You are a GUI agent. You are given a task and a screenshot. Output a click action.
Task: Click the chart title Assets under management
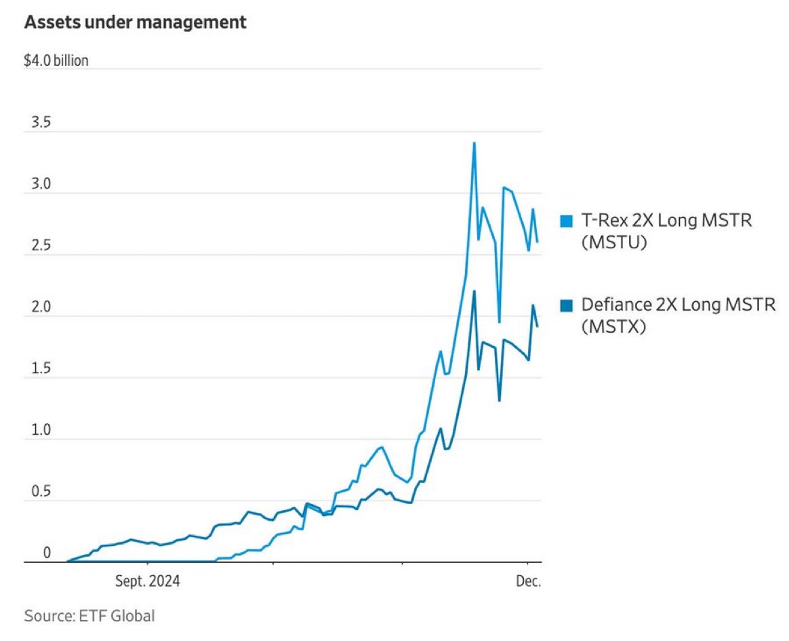click(x=135, y=23)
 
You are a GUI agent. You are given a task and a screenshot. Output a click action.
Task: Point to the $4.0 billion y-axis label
click(x=56, y=61)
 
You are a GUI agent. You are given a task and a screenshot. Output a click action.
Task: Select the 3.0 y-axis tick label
click(x=37, y=184)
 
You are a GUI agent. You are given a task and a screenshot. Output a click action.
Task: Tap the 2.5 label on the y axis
click(x=37, y=246)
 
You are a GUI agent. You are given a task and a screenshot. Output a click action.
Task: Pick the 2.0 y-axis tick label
click(x=37, y=307)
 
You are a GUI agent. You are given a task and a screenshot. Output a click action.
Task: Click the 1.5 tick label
click(x=37, y=368)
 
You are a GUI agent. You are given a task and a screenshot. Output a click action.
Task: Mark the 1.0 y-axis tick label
click(x=37, y=430)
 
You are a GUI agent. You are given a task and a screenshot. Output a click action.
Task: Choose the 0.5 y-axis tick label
click(x=37, y=492)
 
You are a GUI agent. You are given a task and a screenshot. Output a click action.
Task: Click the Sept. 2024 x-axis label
click(x=148, y=582)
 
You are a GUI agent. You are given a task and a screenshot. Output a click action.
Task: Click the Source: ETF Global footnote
click(x=89, y=616)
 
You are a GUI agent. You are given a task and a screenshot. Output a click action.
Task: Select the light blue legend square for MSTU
click(x=567, y=221)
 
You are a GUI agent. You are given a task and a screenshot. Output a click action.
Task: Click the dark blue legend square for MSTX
click(x=567, y=305)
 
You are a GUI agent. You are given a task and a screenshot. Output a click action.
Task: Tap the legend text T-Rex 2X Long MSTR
click(x=666, y=221)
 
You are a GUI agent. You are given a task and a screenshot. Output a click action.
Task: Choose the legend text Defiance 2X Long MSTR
click(x=678, y=305)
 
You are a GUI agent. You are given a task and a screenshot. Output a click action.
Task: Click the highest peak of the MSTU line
click(x=474, y=143)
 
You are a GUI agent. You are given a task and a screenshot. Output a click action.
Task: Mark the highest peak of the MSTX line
click(x=474, y=291)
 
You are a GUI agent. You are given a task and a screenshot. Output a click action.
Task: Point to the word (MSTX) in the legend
click(x=614, y=327)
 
